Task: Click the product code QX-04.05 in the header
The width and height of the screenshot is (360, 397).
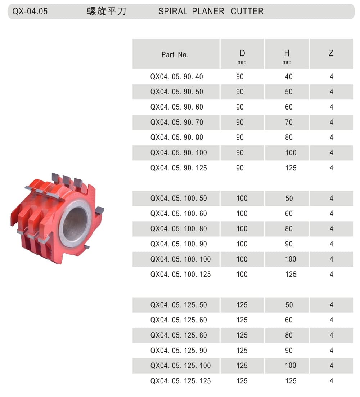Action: [x=30, y=12]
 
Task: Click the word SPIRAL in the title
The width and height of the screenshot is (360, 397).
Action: [x=173, y=12]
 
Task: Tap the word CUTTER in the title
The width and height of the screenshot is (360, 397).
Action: [x=247, y=12]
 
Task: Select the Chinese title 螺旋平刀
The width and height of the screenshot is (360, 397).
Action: [x=107, y=12]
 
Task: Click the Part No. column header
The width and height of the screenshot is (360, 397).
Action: [x=175, y=55]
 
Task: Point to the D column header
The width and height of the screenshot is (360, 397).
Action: [x=242, y=54]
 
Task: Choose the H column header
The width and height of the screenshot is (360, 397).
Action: [x=287, y=54]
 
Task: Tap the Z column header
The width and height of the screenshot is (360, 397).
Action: [x=331, y=54]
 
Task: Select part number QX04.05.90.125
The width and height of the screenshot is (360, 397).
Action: [x=179, y=168]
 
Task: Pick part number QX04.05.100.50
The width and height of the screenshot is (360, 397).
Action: [x=179, y=198]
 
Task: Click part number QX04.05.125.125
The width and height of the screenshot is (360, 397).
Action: [x=180, y=381]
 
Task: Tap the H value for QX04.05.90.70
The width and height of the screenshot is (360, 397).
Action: [x=289, y=122]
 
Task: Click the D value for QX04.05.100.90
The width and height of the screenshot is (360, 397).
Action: [x=242, y=244]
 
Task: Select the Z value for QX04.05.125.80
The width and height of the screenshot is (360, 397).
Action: [x=331, y=335]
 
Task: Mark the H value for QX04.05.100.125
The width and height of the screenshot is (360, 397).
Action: [x=291, y=275]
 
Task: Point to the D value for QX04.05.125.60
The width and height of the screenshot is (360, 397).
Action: [x=242, y=320]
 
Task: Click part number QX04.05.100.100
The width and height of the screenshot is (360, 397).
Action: [x=180, y=259]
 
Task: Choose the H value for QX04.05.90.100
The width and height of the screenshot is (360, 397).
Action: [x=291, y=153]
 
